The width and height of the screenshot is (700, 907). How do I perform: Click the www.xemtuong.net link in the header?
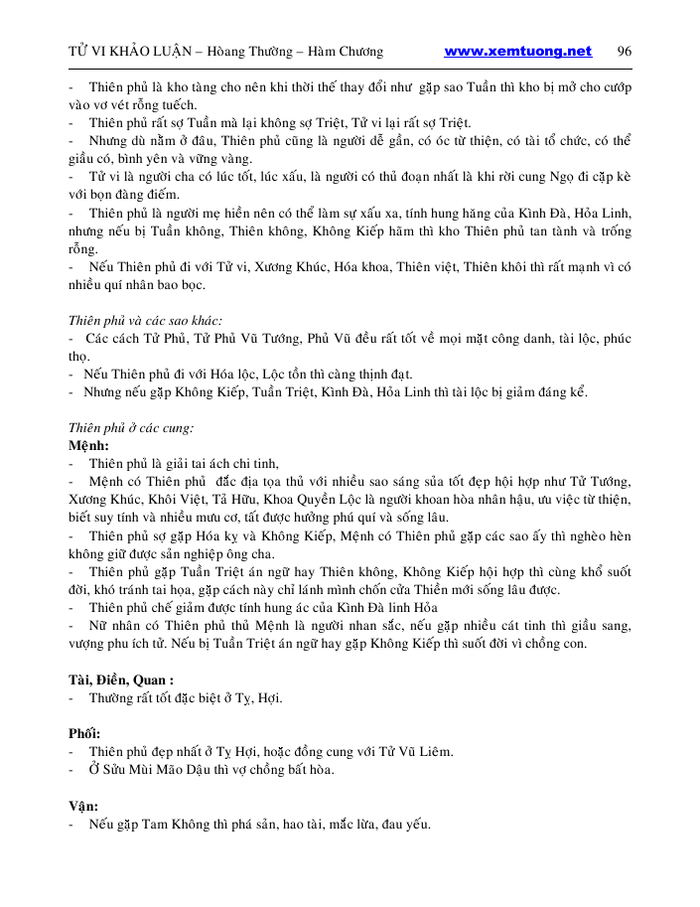517,52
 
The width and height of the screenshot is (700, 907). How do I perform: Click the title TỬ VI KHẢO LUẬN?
134,52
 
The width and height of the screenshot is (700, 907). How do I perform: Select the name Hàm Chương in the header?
345,52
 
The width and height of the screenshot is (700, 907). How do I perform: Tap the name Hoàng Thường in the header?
255,52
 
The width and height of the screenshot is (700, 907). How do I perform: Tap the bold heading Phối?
84,734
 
